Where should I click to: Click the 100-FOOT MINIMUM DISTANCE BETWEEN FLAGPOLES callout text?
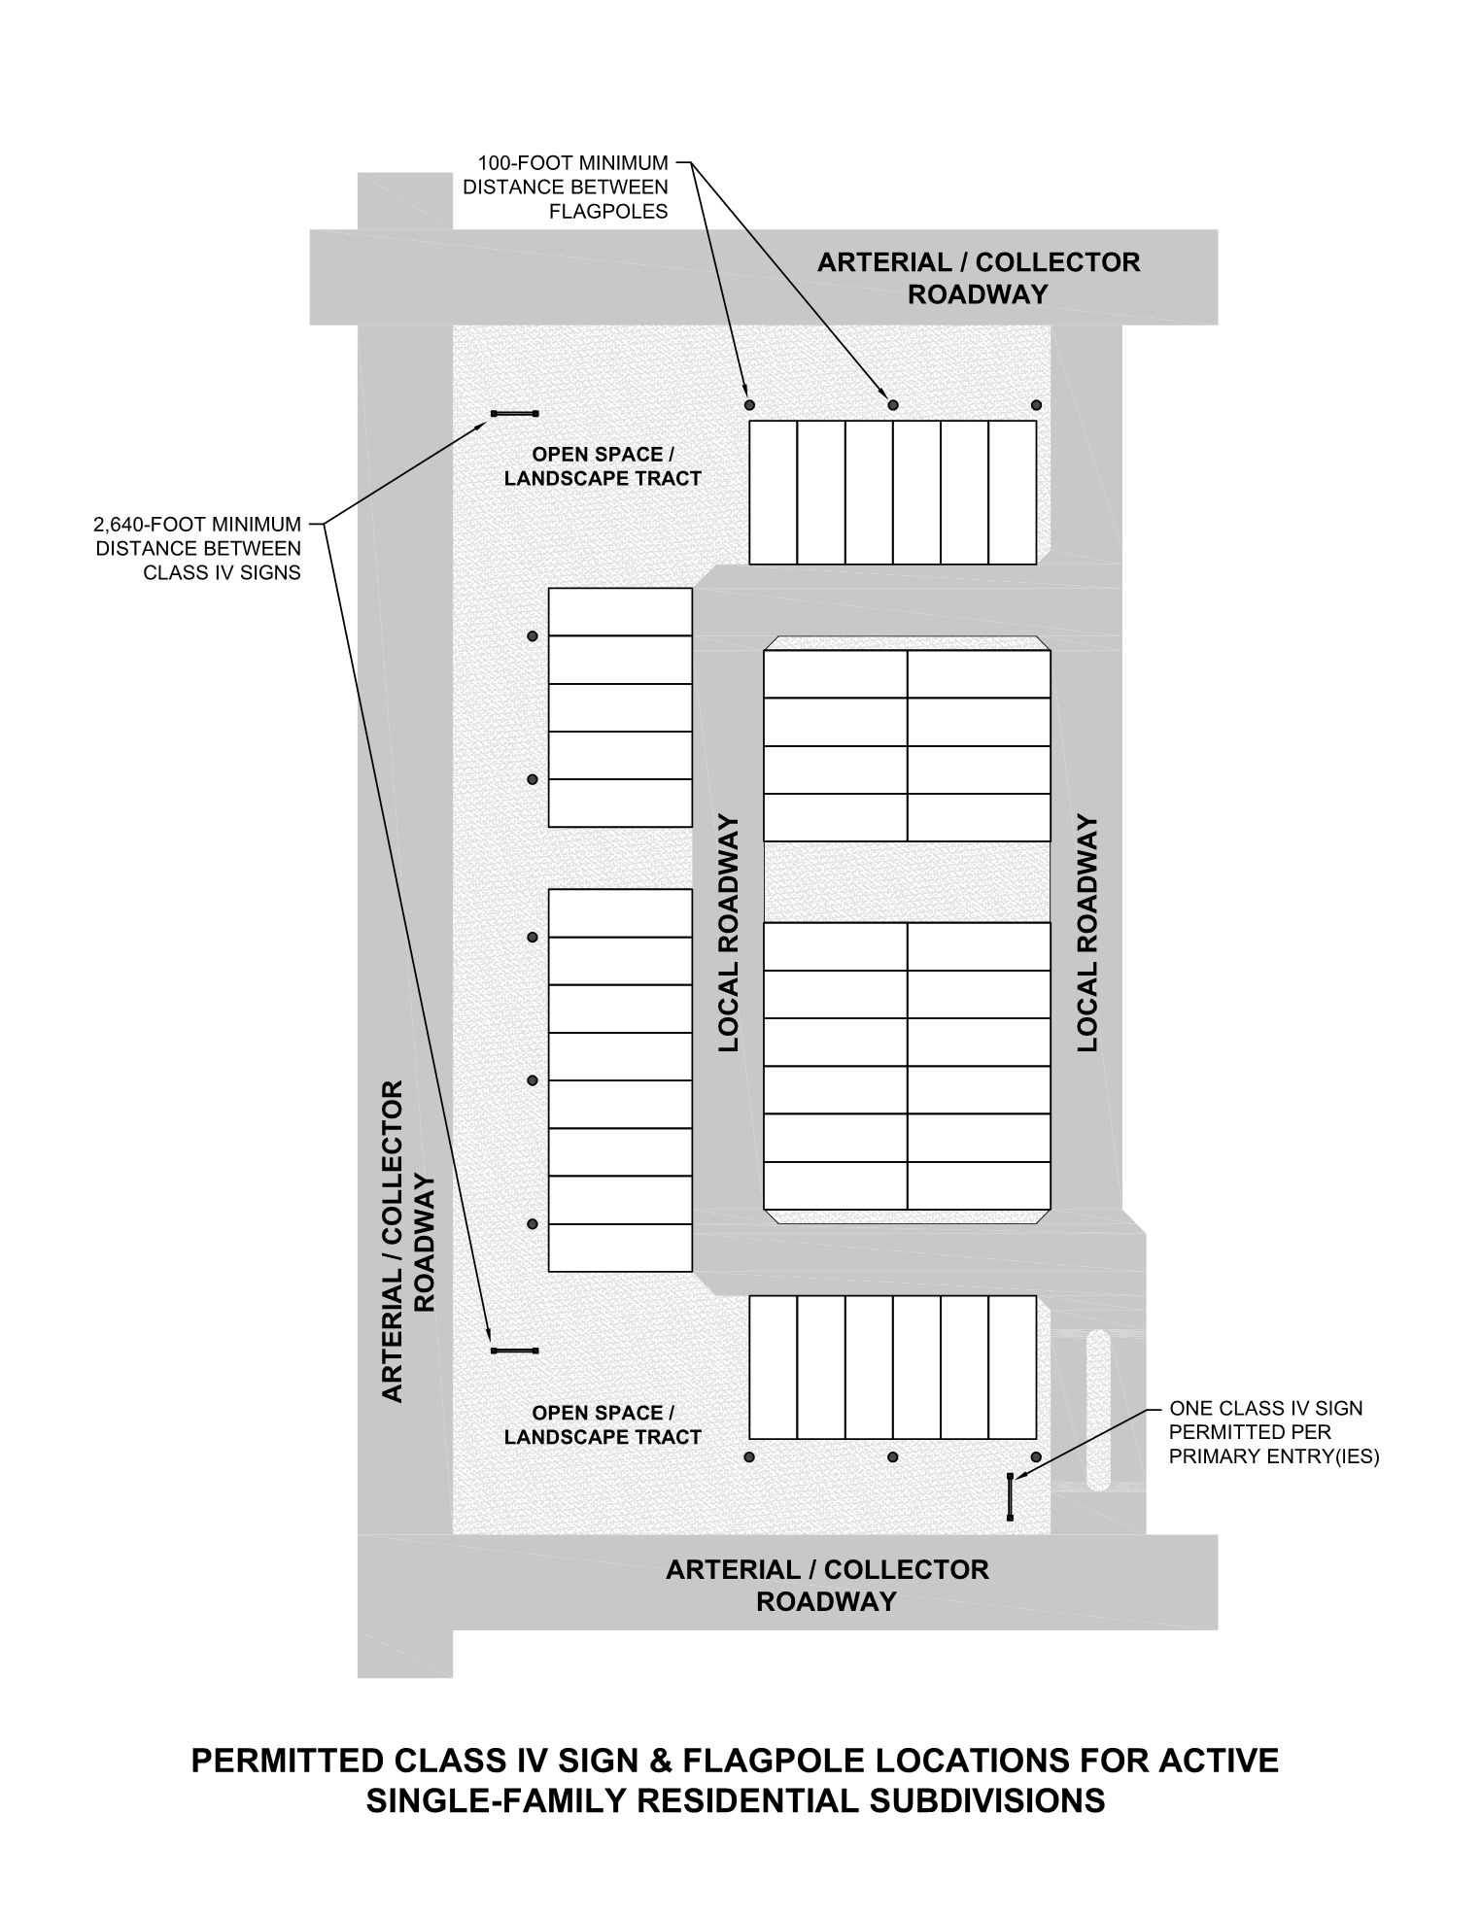[566, 187]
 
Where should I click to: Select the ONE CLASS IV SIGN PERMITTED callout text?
[1274, 1432]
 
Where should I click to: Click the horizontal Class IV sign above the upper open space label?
[514, 414]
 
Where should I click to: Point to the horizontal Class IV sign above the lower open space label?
[514, 1351]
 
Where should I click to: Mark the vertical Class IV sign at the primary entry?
[1011, 1496]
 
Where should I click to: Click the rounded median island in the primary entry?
[1098, 1409]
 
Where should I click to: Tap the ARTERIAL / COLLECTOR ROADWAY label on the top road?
[978, 278]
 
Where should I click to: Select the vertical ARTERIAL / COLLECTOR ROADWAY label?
[406, 1241]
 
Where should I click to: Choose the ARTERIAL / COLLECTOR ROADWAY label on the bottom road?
[827, 1586]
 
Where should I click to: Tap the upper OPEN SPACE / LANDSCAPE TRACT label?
[603, 466]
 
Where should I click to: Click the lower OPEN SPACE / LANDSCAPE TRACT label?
[603, 1425]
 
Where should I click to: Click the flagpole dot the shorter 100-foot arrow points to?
[748, 404]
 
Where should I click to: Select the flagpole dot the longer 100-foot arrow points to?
[893, 404]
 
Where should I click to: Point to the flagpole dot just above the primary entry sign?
[1036, 1457]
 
